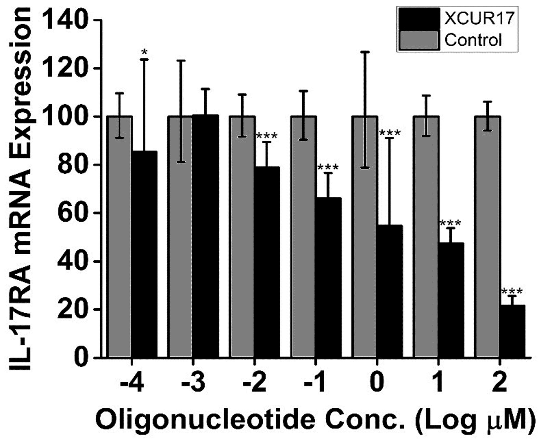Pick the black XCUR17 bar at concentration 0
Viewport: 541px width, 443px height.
click(390, 291)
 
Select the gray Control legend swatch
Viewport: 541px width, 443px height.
click(419, 40)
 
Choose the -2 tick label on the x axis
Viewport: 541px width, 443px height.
click(254, 383)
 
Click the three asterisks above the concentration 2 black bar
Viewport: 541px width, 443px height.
click(512, 291)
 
